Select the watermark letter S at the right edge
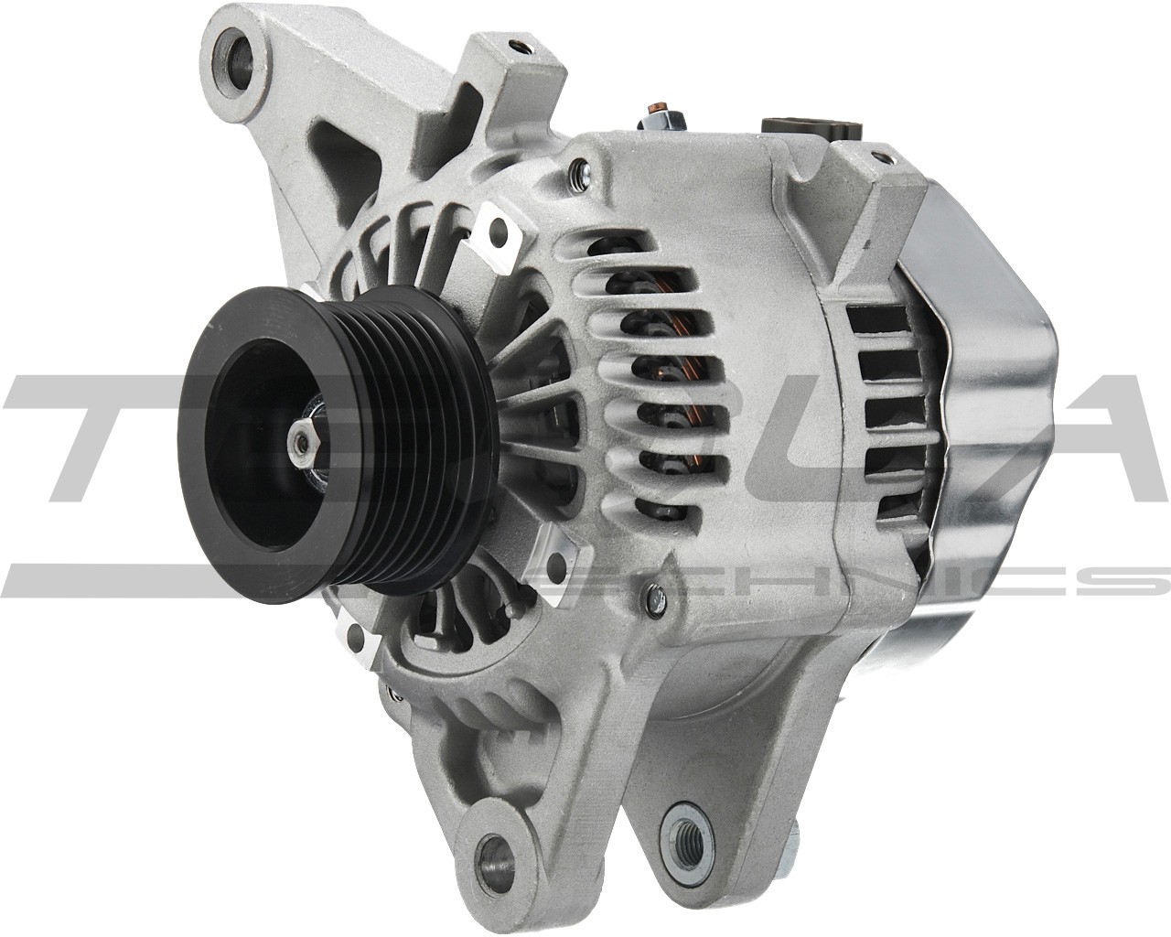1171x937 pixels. pos(1130,582)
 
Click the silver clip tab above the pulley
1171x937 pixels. pos(497,233)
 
